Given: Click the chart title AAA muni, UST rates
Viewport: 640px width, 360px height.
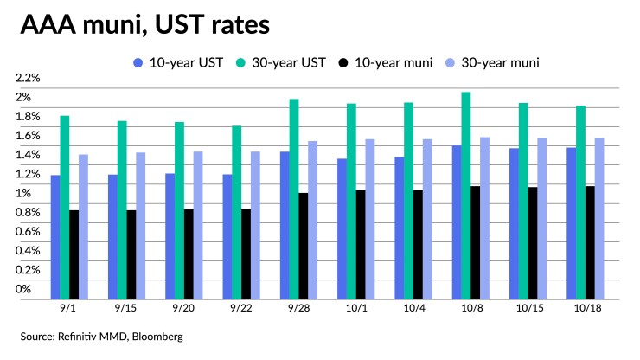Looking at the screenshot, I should (144, 25).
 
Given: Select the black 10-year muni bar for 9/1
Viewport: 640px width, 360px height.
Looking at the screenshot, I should (74, 254).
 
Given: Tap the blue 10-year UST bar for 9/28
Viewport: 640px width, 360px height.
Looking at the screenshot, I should (285, 224).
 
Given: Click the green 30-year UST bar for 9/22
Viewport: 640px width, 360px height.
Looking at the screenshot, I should (237, 212).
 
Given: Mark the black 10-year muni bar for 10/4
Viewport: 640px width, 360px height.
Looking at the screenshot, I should (419, 244).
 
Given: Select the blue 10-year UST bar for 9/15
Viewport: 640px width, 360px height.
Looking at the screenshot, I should (112, 236).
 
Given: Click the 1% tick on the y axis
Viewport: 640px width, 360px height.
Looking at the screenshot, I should (23, 193).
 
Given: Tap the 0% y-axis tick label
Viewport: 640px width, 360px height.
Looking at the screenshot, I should (23, 289).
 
